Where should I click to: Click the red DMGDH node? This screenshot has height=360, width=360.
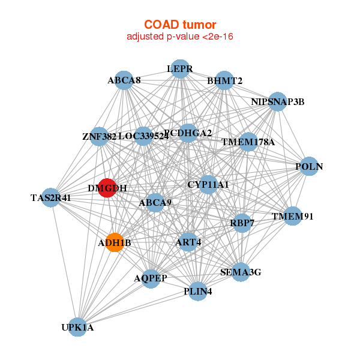point(107,188)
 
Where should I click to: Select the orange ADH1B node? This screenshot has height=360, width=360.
point(115,242)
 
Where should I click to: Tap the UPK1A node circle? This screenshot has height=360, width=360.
point(77,327)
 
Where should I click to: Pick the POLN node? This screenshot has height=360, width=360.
point(308,166)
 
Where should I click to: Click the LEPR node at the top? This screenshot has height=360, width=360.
point(179,69)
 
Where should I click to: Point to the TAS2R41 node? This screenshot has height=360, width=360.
point(51,197)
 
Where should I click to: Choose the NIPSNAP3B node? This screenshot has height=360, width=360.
point(277,101)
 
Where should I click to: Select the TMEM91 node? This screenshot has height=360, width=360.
point(292,216)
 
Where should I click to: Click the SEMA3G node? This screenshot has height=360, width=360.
point(241,272)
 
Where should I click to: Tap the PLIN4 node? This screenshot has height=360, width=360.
point(197,292)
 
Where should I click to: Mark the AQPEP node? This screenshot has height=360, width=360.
point(151,278)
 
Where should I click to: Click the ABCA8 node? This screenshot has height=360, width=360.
point(124,80)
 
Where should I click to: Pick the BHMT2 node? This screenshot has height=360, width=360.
point(224,80)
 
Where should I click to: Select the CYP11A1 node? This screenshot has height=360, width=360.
point(208,184)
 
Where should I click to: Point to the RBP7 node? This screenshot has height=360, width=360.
point(242,223)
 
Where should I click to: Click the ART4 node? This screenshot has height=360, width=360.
point(188,242)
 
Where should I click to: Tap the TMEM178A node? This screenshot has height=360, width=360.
point(248,142)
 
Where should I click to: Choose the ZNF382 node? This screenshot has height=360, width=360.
point(100,136)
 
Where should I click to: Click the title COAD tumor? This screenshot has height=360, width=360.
point(180,25)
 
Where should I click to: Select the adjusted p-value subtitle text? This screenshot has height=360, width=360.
point(180,37)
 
